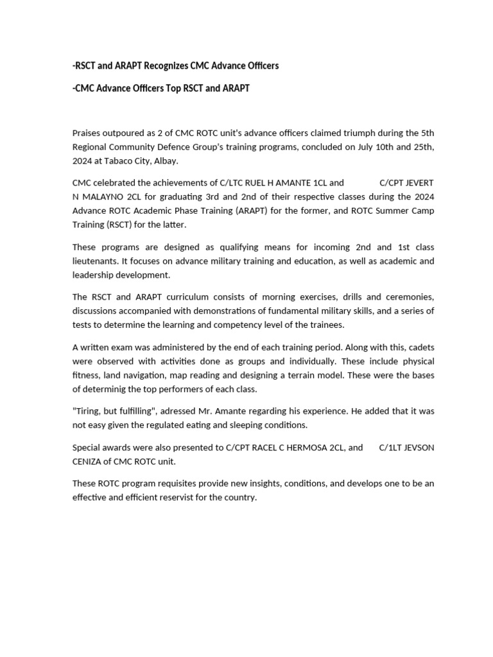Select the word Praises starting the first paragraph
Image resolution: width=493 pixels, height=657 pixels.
coord(88,133)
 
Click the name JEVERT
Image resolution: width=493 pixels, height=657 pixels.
coord(419,183)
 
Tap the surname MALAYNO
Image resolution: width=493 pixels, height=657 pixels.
coord(103,197)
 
